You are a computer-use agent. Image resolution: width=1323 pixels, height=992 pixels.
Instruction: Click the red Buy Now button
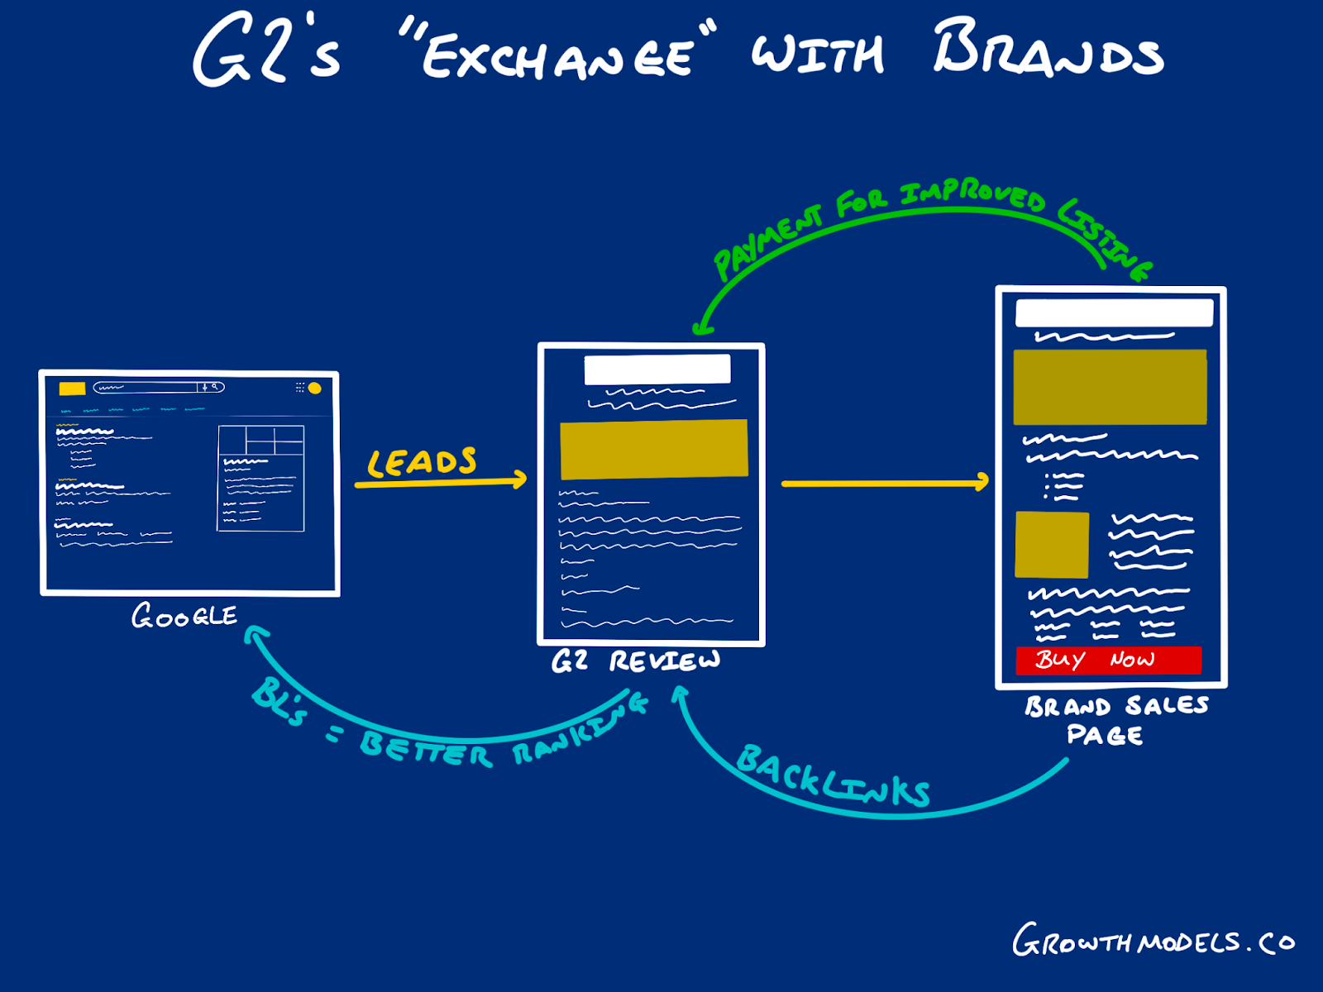[x=1109, y=661]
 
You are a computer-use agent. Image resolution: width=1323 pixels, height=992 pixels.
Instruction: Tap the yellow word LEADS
[x=422, y=462]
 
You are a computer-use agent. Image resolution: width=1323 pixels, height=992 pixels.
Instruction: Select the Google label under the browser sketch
[x=184, y=616]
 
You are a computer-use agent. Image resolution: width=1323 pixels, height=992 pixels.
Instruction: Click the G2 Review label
[x=636, y=661]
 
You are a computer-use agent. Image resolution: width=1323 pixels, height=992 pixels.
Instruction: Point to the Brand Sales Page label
[x=1116, y=720]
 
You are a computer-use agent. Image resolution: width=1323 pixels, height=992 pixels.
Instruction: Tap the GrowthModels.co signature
[x=1153, y=940]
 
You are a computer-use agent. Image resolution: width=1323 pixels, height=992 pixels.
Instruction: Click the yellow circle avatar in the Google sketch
[x=315, y=389]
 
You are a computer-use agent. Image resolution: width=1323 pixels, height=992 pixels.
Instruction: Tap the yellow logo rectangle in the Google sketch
[x=72, y=389]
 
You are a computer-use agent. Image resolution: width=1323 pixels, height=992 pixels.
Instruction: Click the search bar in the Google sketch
[x=159, y=387]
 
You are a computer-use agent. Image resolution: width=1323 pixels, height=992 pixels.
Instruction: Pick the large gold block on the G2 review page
[x=654, y=450]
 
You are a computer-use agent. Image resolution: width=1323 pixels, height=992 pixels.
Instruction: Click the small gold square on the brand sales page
[x=1052, y=545]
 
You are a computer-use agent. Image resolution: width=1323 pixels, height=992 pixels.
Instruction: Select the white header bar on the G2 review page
[x=657, y=370]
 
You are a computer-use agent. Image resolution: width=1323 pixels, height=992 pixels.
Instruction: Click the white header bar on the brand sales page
[x=1115, y=312]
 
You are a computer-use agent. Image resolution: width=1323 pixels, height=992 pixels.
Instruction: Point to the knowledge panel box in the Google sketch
[x=261, y=479]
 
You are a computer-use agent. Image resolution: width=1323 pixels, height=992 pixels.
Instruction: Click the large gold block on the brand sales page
[x=1110, y=387]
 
